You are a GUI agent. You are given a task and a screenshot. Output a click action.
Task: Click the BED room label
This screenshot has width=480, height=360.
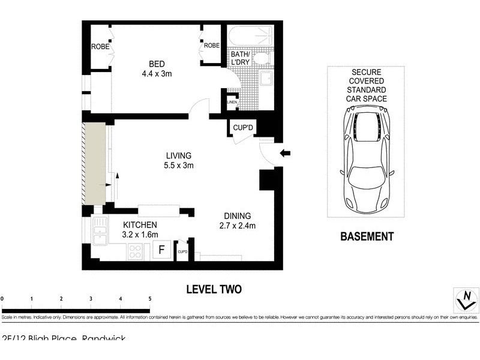click(157, 64)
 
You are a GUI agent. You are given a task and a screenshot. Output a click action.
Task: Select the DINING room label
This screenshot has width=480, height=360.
click(238, 216)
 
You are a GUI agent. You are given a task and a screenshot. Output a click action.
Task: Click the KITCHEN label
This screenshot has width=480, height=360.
click(140, 225)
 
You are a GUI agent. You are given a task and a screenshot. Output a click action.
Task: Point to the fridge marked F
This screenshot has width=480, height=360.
click(161, 250)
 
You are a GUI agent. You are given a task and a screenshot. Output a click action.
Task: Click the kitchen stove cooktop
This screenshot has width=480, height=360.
click(136, 252)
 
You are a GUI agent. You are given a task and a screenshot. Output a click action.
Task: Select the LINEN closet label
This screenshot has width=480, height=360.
click(232, 103)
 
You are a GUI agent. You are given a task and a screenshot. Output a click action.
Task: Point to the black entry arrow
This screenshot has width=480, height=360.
click(286, 154)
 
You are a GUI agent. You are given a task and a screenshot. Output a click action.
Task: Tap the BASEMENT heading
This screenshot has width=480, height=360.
click(367, 236)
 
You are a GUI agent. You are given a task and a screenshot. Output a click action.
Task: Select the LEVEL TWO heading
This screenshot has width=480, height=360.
click(214, 289)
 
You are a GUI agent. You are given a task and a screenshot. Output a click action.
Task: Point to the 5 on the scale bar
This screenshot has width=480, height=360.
click(150, 298)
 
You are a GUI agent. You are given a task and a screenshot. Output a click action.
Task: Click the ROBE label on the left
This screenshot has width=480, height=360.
click(99, 46)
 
